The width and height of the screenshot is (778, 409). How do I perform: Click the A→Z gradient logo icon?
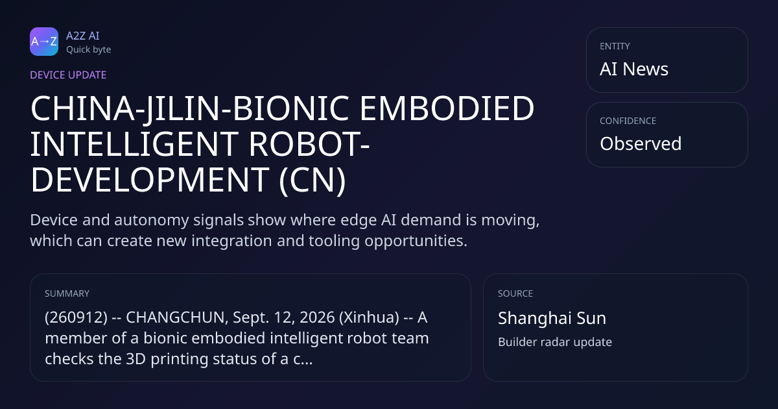coord(44,42)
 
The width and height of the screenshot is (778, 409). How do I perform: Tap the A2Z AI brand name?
coord(83,36)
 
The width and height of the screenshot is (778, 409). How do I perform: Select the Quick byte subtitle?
coord(89,50)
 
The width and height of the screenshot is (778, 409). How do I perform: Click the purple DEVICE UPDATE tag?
coord(68,75)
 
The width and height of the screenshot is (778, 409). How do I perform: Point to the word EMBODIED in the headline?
coord(447,108)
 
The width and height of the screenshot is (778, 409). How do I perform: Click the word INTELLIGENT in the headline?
coord(134,144)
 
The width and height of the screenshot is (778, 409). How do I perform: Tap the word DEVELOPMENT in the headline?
coord(150,179)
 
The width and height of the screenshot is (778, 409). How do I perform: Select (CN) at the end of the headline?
coord(312,180)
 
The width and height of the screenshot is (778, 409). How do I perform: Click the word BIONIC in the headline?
coord(290,108)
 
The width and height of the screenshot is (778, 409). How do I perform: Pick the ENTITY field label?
coord(615,46)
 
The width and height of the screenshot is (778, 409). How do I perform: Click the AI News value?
coord(634,69)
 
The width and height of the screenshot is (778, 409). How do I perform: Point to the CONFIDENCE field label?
coord(628,121)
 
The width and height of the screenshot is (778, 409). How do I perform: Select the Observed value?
coord(641,143)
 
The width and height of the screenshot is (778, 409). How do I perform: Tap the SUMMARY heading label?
coord(67,293)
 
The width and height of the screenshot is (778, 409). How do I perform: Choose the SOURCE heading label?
coord(515,293)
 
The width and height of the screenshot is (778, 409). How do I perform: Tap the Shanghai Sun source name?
coord(552,318)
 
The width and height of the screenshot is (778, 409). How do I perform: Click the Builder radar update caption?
coord(555,342)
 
